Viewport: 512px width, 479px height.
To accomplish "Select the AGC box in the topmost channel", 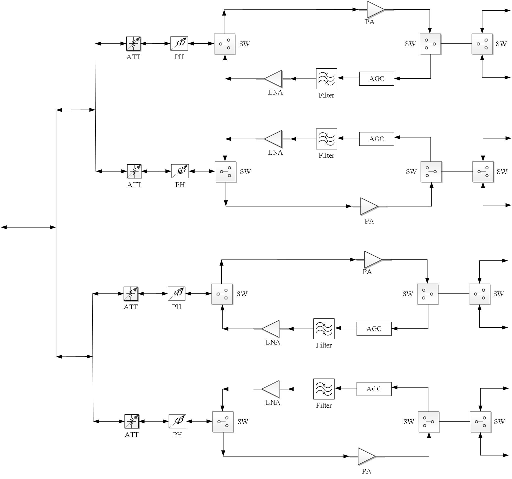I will click(x=376, y=78).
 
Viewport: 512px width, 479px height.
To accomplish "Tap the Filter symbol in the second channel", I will click(x=326, y=139).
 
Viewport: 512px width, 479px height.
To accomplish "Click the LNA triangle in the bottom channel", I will click(x=271, y=389).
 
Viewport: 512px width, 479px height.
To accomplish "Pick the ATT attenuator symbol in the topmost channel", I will click(x=133, y=43).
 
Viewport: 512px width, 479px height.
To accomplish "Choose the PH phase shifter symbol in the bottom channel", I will click(x=177, y=421).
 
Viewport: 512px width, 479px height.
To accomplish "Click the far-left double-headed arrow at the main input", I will click(x=28, y=227).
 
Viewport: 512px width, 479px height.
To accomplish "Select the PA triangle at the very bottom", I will click(x=366, y=456).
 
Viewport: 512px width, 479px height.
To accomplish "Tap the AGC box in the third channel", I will click(x=374, y=328).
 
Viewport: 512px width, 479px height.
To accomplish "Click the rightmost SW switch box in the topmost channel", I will click(x=482, y=44).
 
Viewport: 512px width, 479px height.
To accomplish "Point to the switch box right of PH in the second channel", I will click(x=225, y=171).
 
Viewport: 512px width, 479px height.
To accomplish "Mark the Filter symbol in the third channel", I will click(x=324, y=328).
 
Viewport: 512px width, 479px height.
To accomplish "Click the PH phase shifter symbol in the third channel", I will click(x=176, y=293).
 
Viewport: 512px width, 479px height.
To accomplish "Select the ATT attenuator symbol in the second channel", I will click(x=134, y=171).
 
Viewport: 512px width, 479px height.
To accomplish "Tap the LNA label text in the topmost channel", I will click(x=275, y=92).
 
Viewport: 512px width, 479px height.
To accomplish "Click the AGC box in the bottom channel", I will click(x=374, y=389).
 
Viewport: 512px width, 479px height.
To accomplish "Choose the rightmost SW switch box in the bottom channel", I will click(x=480, y=421).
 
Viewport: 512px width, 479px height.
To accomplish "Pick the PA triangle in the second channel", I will click(x=368, y=206).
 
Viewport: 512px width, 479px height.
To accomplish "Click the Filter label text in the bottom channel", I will click(x=324, y=405).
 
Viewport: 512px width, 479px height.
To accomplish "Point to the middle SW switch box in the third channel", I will click(x=427, y=294).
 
